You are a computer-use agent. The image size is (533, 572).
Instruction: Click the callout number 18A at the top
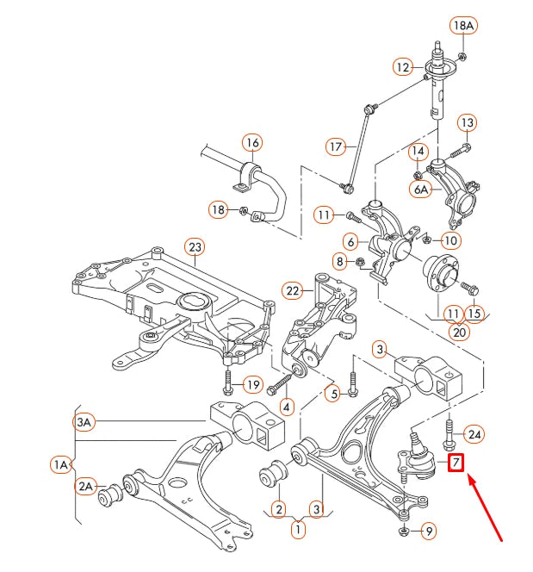pos(463,26)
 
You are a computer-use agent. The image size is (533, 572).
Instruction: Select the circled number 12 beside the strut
pos(404,66)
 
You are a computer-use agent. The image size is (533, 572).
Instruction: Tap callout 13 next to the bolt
pos(466,123)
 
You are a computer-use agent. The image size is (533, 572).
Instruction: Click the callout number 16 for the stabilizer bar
pos(251,142)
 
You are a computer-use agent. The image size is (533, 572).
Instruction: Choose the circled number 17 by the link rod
pos(336,146)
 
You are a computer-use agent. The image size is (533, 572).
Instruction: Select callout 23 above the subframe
pos(195,247)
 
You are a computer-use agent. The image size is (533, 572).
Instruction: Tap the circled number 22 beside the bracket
pos(294,290)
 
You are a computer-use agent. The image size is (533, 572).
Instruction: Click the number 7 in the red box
pos(455,463)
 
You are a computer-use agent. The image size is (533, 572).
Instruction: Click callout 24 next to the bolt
pos(475,433)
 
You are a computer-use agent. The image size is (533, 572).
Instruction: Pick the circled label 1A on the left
pos(60,465)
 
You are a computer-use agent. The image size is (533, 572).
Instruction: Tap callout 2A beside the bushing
pos(85,487)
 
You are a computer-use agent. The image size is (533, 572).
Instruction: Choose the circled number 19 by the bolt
pos(251,384)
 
